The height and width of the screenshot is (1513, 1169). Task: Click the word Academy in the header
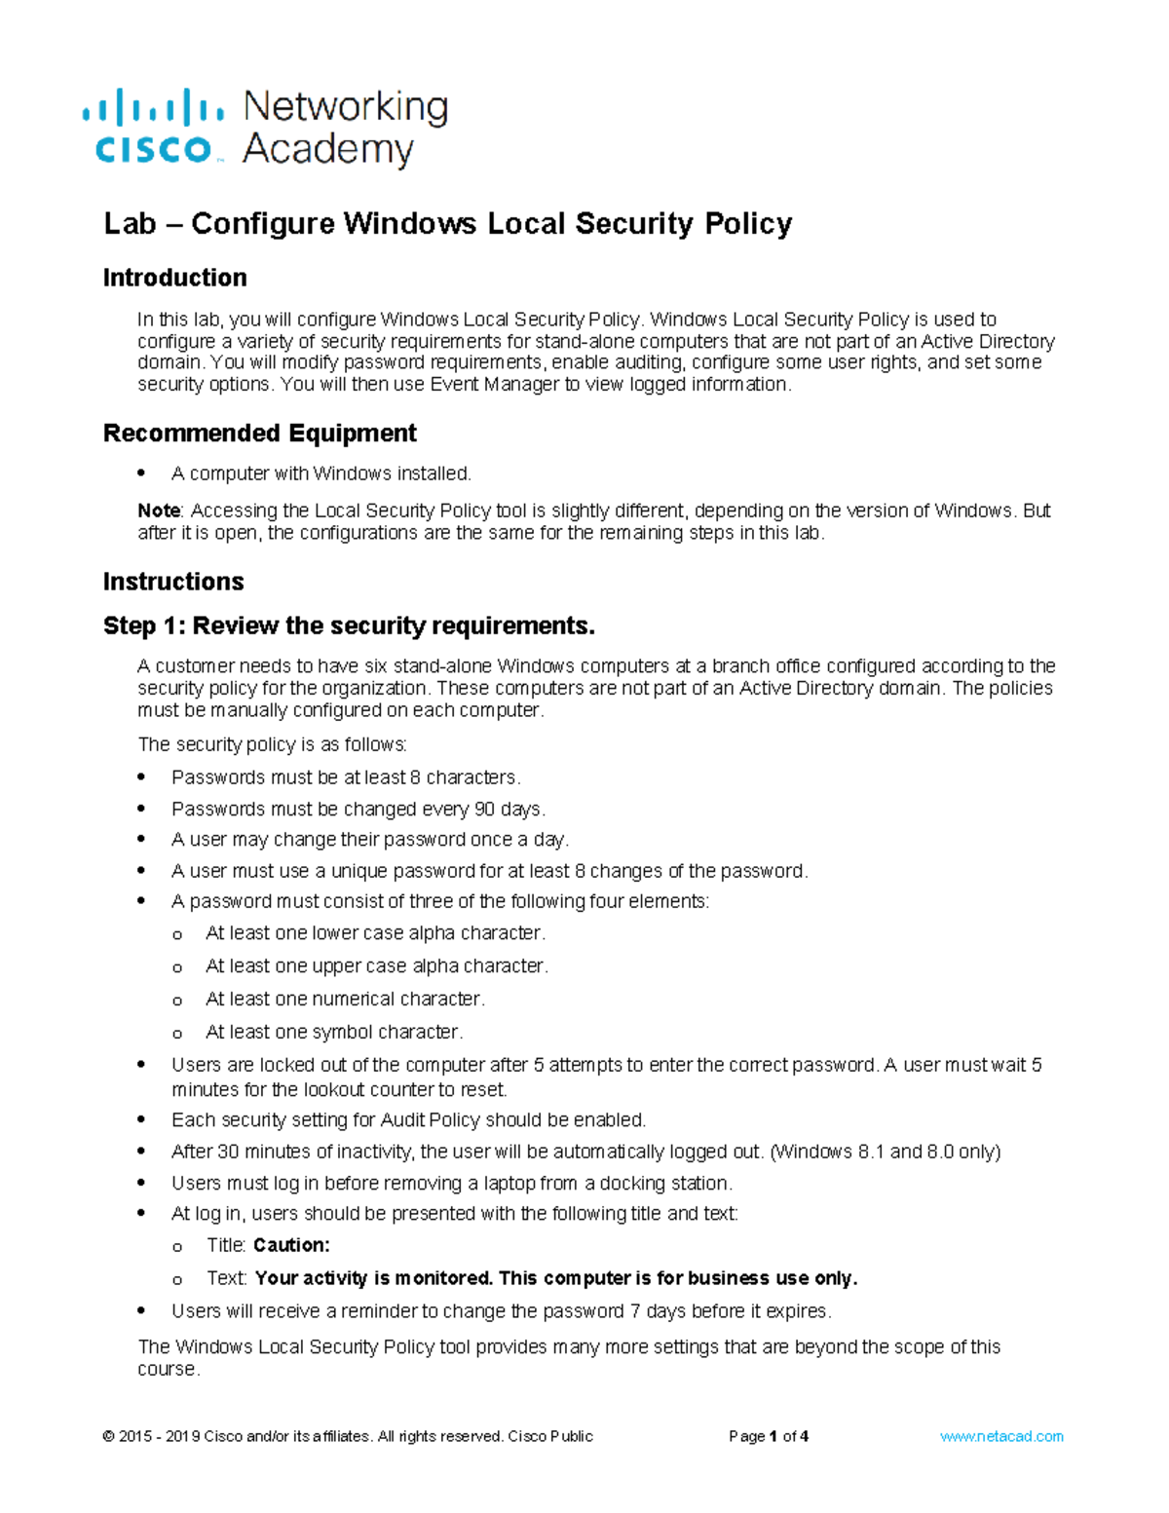pyautogui.click(x=328, y=150)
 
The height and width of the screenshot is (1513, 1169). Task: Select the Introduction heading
pyautogui.click(x=174, y=278)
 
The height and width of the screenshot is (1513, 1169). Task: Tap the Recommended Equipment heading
pyautogui.click(x=259, y=433)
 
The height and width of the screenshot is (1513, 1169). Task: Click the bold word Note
pyautogui.click(x=158, y=511)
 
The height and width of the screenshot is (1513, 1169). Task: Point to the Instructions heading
pyautogui.click(x=173, y=582)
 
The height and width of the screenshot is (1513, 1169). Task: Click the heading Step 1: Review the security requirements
pyautogui.click(x=349, y=625)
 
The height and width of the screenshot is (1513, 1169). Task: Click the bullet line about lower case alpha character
pyautogui.click(x=375, y=933)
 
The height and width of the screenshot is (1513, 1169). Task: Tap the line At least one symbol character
pyautogui.click(x=334, y=1032)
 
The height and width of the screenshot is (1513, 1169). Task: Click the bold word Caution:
pyautogui.click(x=291, y=1245)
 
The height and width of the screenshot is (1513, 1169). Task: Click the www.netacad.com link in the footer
pyautogui.click(x=1001, y=1436)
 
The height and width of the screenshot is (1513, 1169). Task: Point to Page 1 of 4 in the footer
pyautogui.click(x=769, y=1436)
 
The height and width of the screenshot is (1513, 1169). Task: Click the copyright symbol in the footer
pyautogui.click(x=108, y=1436)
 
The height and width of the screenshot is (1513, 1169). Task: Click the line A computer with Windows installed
pyautogui.click(x=321, y=473)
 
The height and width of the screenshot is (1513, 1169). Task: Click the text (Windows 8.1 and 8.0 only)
pyautogui.click(x=885, y=1152)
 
